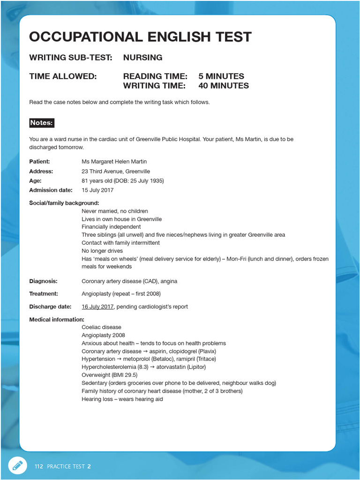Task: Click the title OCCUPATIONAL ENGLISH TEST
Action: [140, 37]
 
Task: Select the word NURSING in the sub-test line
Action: [142, 58]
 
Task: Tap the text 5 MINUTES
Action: [221, 76]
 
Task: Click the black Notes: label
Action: [42, 123]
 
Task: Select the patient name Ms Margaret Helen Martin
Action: [115, 162]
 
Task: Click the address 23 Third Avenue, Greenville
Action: [116, 171]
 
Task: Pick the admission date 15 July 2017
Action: [97, 190]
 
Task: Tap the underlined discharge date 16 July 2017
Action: [97, 307]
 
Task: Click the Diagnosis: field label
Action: [43, 281]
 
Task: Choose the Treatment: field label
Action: [44, 294]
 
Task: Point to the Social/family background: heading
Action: [64, 203]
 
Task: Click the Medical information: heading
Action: [57, 319]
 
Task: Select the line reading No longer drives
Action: [102, 251]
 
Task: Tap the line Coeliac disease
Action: [101, 327]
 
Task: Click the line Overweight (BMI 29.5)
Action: [109, 375]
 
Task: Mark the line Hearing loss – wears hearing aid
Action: [122, 399]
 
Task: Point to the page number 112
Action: [38, 466]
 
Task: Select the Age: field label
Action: [35, 181]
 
